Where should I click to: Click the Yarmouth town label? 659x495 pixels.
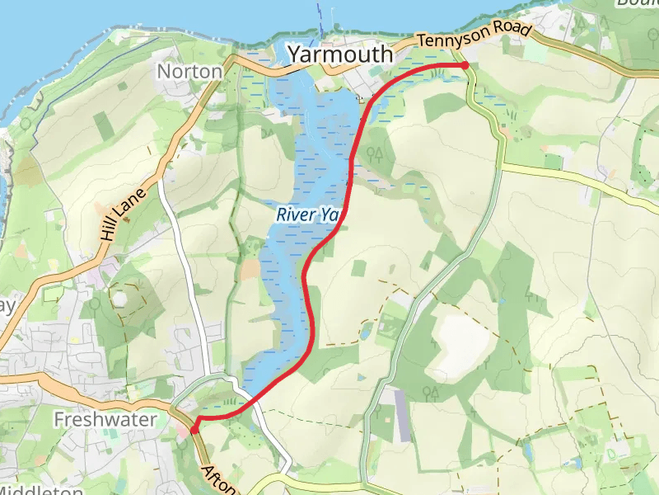click(339, 54)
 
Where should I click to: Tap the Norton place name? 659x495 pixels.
click(189, 72)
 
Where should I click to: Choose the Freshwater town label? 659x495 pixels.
click(105, 420)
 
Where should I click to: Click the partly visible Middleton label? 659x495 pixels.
click(37, 490)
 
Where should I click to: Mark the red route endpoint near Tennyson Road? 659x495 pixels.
click(465, 64)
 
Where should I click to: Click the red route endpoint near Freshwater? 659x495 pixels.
click(194, 430)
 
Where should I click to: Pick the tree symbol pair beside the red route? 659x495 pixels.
click(376, 153)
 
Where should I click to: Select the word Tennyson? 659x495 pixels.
click(451, 38)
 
